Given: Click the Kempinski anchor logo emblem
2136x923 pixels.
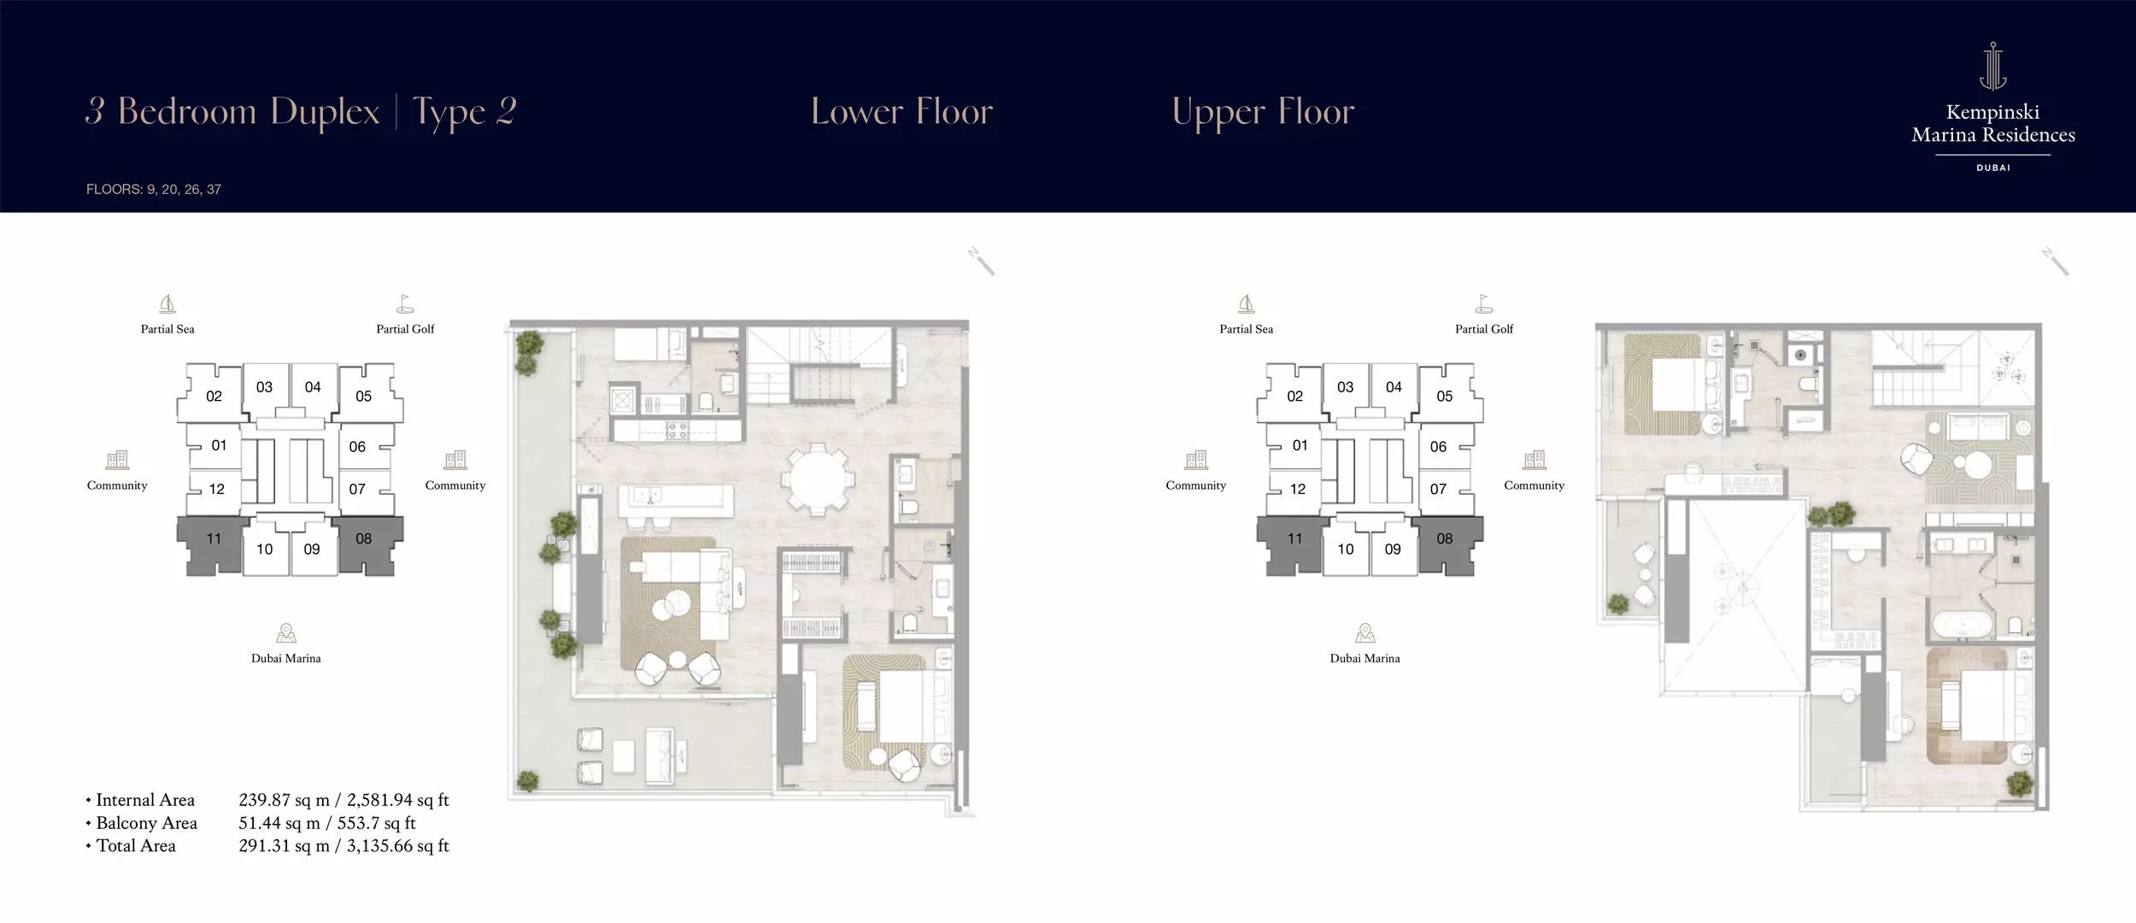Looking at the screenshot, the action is (1992, 66).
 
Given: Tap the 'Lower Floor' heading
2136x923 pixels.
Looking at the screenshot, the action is (901, 112).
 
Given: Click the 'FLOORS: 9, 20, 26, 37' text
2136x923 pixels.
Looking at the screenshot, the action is (154, 190).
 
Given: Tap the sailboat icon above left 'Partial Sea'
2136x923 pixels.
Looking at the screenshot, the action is (167, 304).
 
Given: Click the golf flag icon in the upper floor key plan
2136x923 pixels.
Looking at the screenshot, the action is (1484, 304).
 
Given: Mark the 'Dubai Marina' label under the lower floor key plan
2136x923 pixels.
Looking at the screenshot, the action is (286, 659).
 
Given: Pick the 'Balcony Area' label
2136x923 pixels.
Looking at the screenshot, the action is (146, 823).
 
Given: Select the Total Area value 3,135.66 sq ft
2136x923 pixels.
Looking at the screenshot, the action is (397, 846).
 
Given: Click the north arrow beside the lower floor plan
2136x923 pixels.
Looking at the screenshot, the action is (981, 261).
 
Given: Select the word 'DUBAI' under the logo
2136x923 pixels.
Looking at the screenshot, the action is (1993, 168).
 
